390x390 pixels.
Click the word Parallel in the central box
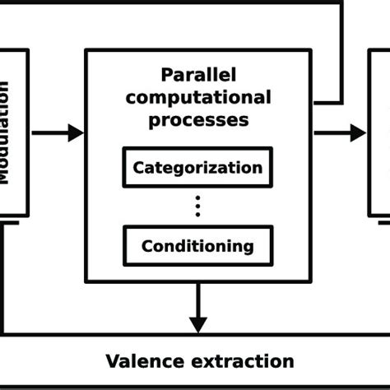(x=197, y=75)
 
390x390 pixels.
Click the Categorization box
(x=197, y=168)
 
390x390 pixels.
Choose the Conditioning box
(x=197, y=245)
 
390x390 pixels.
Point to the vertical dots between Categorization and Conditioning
(x=197, y=207)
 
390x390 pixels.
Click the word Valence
(x=142, y=360)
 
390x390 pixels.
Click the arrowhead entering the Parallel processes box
(x=77, y=132)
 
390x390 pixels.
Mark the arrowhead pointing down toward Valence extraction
(x=197, y=324)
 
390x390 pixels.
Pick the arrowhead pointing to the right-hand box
(x=357, y=132)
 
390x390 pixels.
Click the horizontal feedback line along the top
(x=165, y=2)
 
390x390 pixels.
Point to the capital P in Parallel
(x=167, y=75)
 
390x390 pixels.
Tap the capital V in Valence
(x=112, y=360)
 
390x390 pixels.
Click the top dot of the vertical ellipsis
(x=197, y=198)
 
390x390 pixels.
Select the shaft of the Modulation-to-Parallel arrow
(x=49, y=132)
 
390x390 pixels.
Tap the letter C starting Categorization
(x=138, y=168)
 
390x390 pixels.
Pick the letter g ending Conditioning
(x=248, y=247)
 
